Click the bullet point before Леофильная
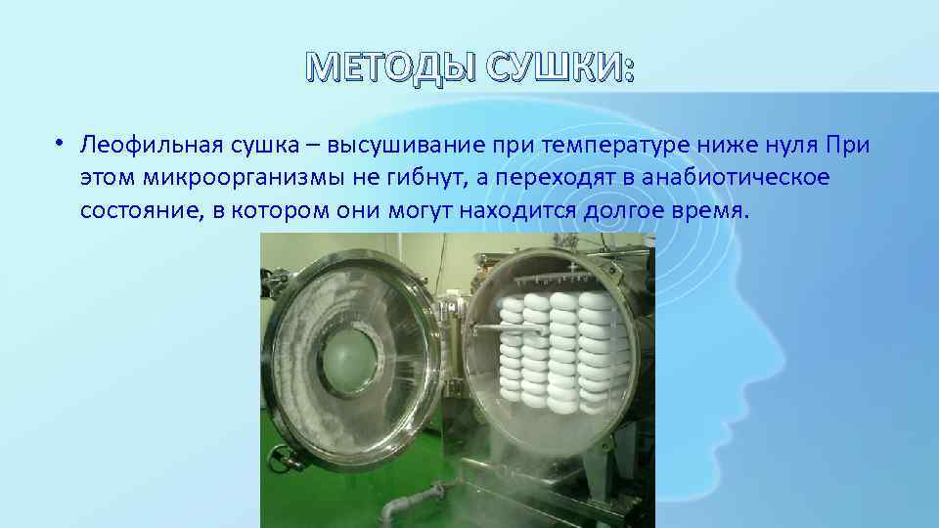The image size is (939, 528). [x=60, y=143]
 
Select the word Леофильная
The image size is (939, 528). [x=143, y=146]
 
